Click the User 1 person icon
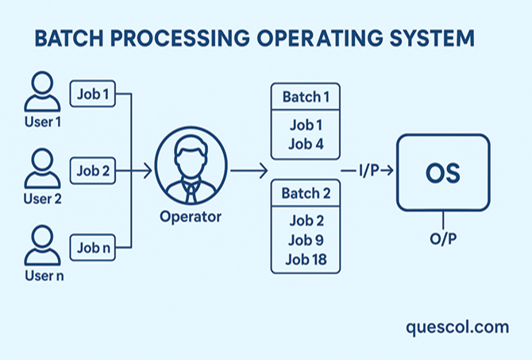click(x=41, y=94)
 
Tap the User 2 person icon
click(x=41, y=168)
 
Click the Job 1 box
click(x=94, y=94)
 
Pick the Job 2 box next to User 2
click(x=94, y=169)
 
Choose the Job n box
click(x=94, y=247)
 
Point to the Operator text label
click(x=191, y=216)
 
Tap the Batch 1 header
click(x=305, y=97)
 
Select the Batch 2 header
click(x=305, y=193)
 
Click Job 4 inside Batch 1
click(x=305, y=144)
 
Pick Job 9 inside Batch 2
click(x=305, y=240)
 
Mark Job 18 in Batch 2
click(x=305, y=259)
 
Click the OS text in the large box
click(x=443, y=172)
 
